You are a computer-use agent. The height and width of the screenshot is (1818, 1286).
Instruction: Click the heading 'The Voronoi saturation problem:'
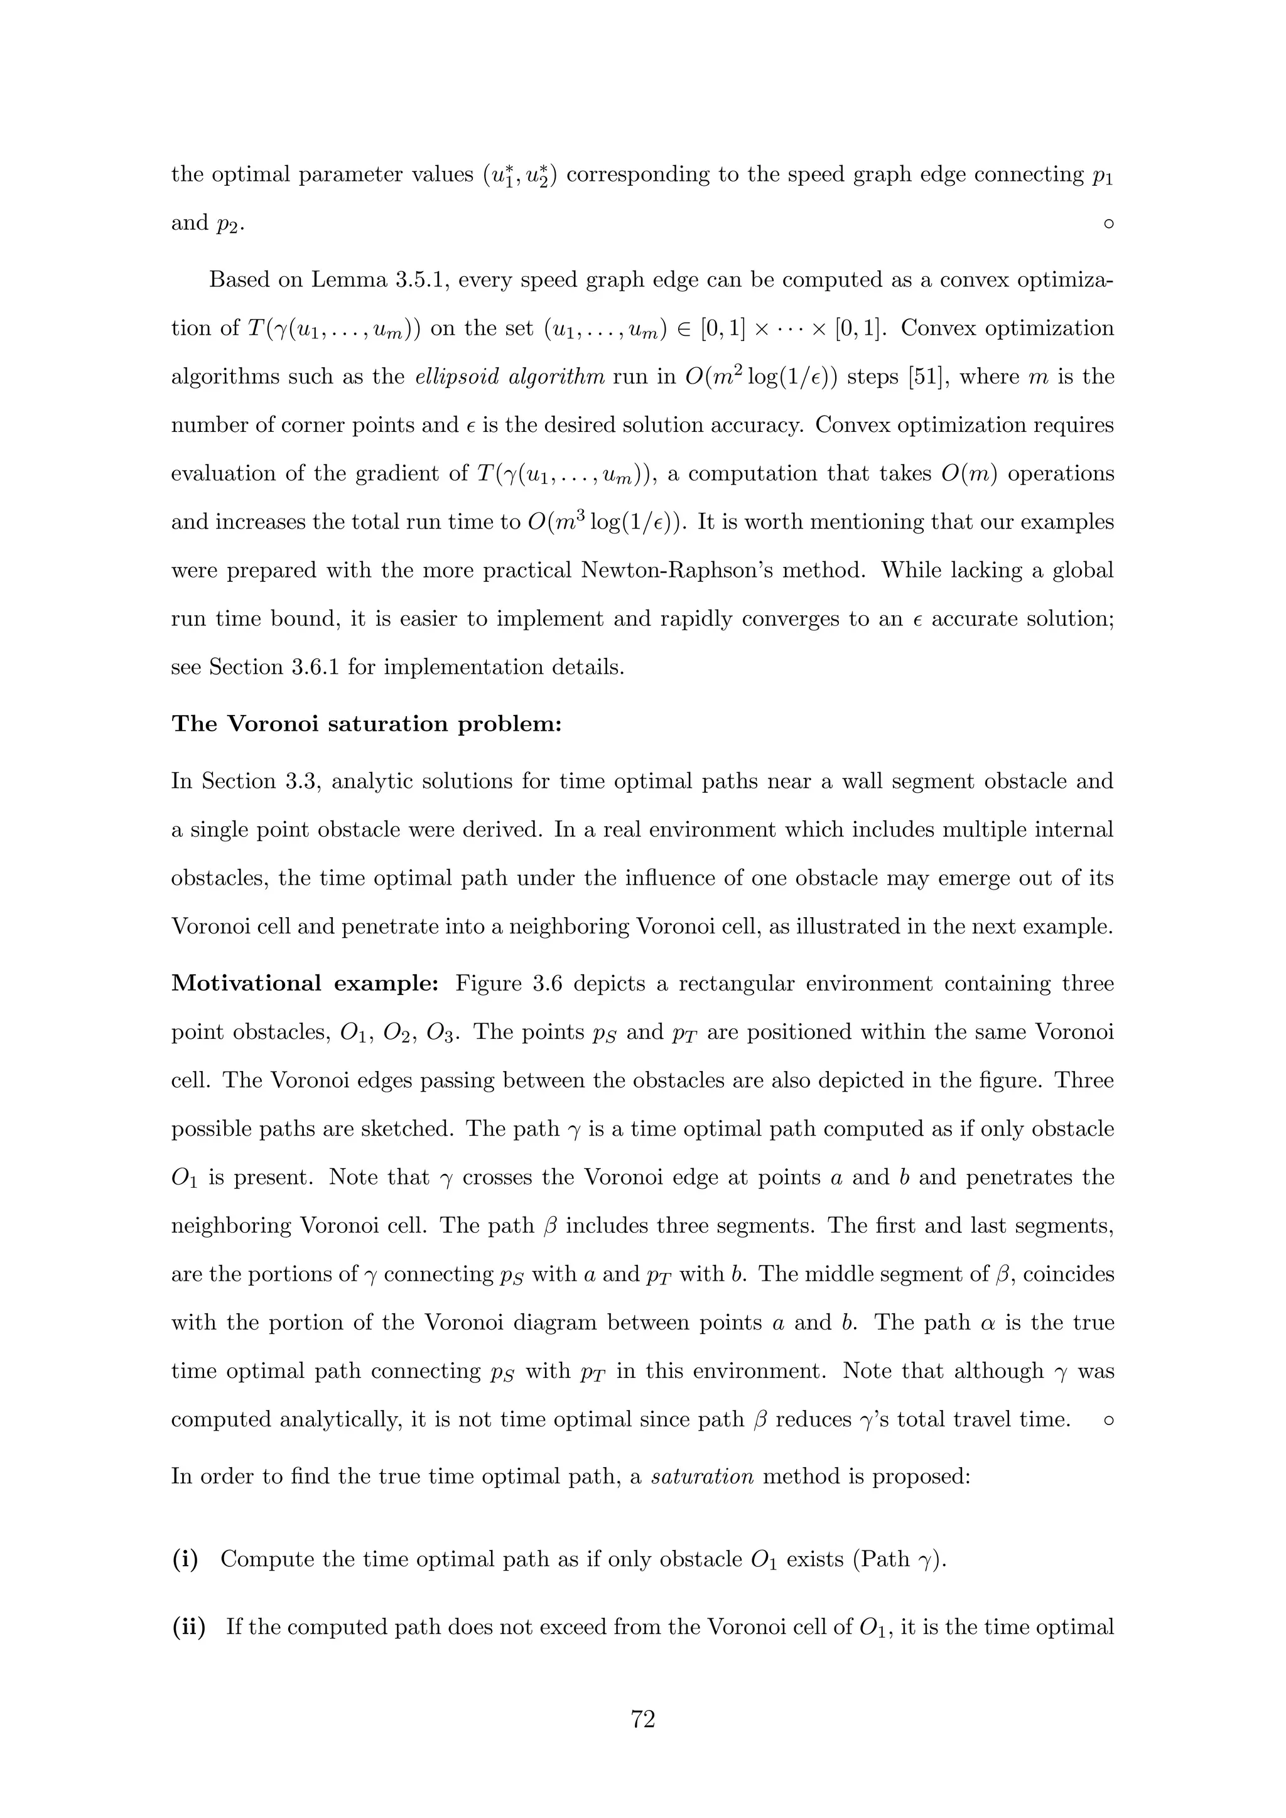point(366,724)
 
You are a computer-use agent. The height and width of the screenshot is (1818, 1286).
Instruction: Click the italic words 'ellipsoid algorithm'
point(509,377)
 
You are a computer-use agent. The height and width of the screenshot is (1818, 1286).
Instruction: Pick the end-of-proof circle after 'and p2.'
point(1108,224)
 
